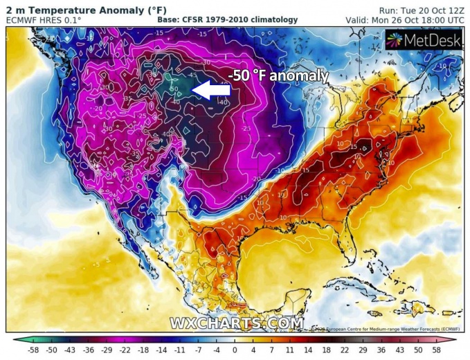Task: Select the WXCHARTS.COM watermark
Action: pyautogui.click(x=236, y=323)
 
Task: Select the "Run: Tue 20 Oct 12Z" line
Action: pyautogui.click(x=422, y=9)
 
